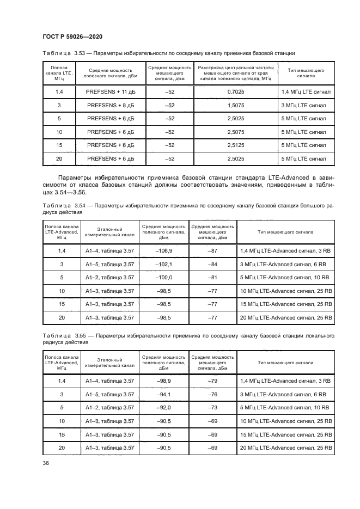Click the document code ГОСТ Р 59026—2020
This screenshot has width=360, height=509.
(x=72, y=36)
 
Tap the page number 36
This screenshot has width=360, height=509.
(x=45, y=463)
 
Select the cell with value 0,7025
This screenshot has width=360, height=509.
(x=235, y=92)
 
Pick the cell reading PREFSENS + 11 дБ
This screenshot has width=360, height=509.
(x=109, y=92)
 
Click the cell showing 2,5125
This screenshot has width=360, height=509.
(x=235, y=145)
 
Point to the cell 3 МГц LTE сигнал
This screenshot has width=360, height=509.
(x=304, y=106)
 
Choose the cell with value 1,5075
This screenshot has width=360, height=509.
(x=235, y=106)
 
